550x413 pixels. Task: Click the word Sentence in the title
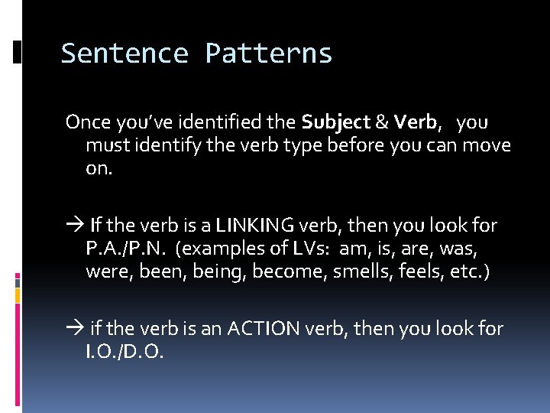pyautogui.click(x=125, y=54)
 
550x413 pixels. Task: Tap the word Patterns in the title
pyautogui.click(x=268, y=54)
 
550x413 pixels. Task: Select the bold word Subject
pyautogui.click(x=335, y=122)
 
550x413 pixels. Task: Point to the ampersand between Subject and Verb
pyautogui.click(x=381, y=122)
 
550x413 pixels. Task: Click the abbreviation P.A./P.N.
pyautogui.click(x=129, y=249)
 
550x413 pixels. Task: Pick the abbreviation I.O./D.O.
pyautogui.click(x=124, y=353)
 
